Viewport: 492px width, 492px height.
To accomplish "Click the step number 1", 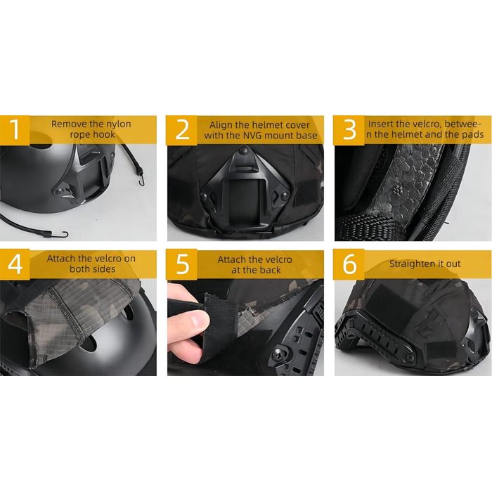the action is tap(15, 129).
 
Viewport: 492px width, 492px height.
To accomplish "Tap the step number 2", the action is tap(182, 129).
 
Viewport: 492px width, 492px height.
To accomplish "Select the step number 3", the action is tap(349, 129).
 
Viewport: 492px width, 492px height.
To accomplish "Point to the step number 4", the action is tap(15, 264).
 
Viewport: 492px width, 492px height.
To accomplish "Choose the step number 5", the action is tap(182, 264).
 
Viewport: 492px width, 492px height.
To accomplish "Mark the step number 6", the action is tap(349, 264).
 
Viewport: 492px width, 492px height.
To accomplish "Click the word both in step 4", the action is tap(79, 269).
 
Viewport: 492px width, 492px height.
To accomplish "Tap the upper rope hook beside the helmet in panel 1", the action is tap(141, 180).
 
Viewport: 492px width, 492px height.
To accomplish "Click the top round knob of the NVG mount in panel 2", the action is tap(243, 151).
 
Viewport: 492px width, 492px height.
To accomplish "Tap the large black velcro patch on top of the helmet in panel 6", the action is tap(389, 304).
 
